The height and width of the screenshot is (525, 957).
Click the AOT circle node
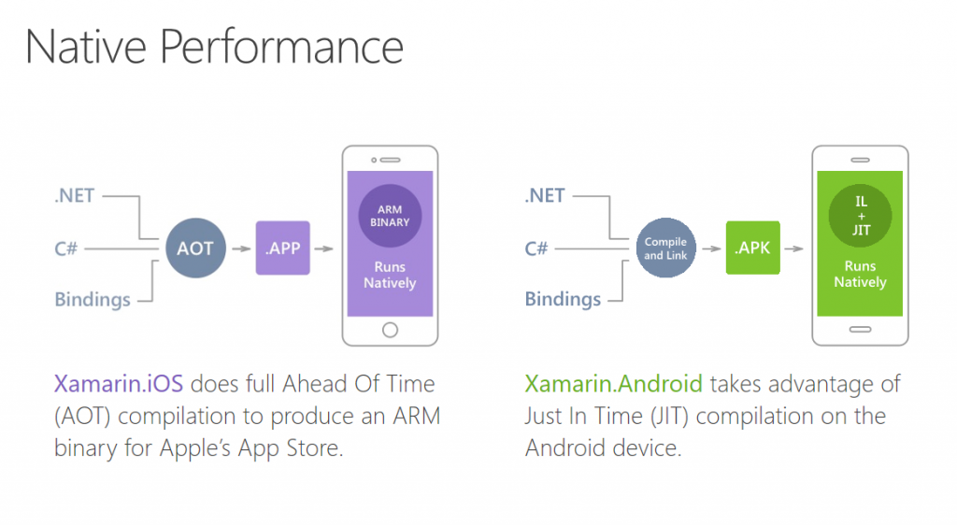coord(195,248)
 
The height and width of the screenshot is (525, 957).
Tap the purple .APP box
coord(282,248)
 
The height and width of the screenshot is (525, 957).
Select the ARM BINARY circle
coord(390,216)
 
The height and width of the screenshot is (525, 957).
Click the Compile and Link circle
coord(666,248)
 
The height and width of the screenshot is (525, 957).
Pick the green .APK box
coord(752,248)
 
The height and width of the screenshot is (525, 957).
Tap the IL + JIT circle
coord(860,216)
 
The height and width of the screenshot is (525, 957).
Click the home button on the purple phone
coord(390,329)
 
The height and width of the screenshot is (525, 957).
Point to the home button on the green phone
coord(860,329)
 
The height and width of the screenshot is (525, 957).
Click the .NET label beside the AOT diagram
coord(75,197)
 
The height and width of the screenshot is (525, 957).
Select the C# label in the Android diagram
coord(536,248)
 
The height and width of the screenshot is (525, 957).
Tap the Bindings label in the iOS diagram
coord(93,300)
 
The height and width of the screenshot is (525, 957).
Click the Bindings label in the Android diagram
coord(563,300)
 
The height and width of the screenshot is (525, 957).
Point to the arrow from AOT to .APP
coord(240,248)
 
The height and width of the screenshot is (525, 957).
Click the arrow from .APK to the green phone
coord(794,248)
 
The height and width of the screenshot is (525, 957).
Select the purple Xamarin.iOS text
coord(119,384)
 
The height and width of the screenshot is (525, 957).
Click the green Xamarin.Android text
coord(612,384)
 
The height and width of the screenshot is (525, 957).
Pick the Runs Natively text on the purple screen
coord(390,275)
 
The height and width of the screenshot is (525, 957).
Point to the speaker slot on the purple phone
coord(390,160)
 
